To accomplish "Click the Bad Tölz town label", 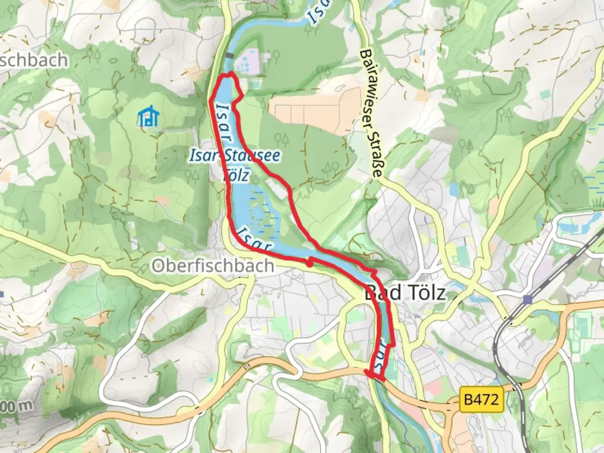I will [404, 292].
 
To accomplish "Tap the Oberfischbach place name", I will [213, 266].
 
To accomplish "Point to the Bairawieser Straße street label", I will [372, 113].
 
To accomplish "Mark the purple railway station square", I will [528, 299].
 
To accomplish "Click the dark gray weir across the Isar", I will [229, 55].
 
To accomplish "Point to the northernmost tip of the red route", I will [229, 74].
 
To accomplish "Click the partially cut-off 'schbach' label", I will [34, 60].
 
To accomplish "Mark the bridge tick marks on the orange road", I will [247, 366].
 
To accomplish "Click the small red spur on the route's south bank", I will [309, 263].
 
